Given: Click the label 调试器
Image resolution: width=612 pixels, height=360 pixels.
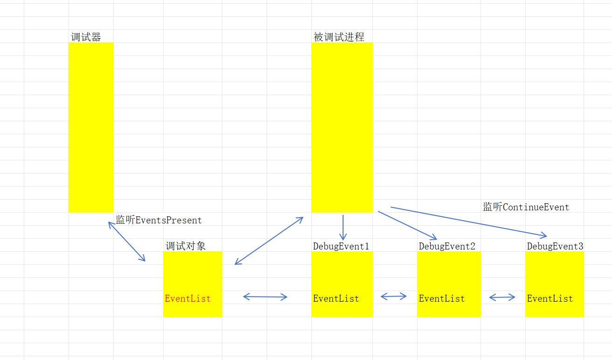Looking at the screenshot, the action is coord(86,37).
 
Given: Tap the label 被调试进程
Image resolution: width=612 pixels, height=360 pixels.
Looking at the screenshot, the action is coord(339,37).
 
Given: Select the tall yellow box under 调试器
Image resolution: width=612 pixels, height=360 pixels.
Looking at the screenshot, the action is coord(91,127).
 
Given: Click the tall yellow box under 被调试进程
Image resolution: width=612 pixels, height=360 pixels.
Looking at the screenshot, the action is coord(342,127).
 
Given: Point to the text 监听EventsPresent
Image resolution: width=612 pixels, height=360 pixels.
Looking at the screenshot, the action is coord(159,220).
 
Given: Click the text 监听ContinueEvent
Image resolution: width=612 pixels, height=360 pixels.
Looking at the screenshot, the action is coord(526,207).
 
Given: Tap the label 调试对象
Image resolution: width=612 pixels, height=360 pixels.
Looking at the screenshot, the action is coord(186,246).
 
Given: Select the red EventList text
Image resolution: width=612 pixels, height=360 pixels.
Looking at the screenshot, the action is coord(188,298).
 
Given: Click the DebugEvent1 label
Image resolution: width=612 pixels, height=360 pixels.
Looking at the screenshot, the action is coord(341,246).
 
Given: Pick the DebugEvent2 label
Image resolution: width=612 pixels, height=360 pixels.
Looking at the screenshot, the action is coord(447,246).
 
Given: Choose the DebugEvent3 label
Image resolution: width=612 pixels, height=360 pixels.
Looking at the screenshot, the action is coord(555,246).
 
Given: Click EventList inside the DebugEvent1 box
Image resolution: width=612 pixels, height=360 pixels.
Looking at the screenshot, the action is coord(336,298).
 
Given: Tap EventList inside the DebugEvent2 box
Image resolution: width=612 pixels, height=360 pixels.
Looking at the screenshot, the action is coord(442,298).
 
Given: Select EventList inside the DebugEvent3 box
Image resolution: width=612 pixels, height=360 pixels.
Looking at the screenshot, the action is coord(550,298).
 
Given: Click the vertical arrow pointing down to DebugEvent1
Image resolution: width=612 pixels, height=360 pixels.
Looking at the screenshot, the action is coord(343,228).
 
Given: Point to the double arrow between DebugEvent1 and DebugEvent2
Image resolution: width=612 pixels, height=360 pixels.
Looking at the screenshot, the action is coord(393,296).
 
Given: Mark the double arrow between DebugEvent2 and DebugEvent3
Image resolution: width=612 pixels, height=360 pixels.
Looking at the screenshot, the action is coord(502,297).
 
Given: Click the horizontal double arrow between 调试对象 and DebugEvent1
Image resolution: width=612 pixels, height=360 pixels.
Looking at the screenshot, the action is coord(265,297).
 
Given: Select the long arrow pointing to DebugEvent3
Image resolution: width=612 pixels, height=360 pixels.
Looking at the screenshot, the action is coord(468,222).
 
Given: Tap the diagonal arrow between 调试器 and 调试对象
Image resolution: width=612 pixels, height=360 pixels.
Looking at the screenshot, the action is coord(127,242).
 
